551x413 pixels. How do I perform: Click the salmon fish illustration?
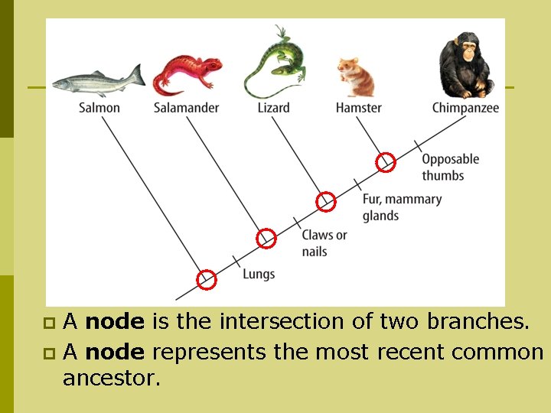pos(98,80)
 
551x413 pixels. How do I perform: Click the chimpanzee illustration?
pos(465,65)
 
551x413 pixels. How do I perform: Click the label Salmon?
pos(99,108)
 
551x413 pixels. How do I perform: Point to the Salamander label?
pos(186,108)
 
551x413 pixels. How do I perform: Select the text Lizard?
pos(273,108)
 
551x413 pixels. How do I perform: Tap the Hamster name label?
pos(358,108)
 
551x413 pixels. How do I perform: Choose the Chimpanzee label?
pos(465,108)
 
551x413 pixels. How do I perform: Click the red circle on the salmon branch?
pos(207,280)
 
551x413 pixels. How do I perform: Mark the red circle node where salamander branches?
pos(266,239)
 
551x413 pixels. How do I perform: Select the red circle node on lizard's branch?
pos(326,201)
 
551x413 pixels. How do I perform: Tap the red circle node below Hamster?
pos(386,162)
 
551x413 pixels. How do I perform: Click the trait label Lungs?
pos(259,274)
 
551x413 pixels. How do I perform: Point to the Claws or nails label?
pos(324,243)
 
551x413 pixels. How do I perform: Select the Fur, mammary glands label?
pos(402,207)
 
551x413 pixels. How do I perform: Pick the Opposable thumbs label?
pos(450,167)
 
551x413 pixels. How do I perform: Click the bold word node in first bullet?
pos(115,322)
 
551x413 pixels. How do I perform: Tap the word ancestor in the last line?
pos(112,378)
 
